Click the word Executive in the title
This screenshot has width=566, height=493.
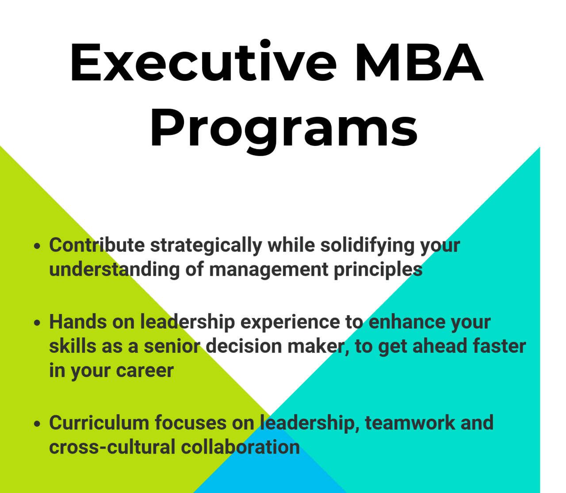point(203,62)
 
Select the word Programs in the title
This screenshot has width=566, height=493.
point(283,127)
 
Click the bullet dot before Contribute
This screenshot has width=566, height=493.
point(37,246)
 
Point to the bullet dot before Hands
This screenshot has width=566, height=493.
point(37,323)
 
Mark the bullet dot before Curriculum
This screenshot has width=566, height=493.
point(37,424)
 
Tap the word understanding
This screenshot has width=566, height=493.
point(114,270)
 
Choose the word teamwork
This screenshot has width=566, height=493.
point(409,423)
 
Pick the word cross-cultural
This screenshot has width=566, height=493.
point(112,447)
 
